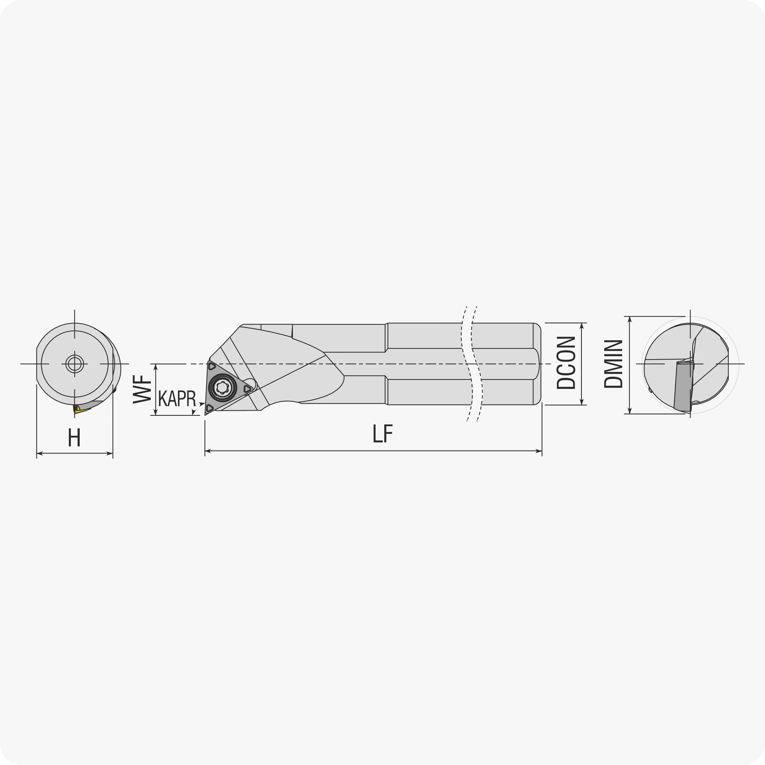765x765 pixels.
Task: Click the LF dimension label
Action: tap(382, 434)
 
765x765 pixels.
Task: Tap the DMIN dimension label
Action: tap(613, 363)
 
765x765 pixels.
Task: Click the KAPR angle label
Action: tap(177, 398)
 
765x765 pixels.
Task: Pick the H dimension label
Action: tap(74, 437)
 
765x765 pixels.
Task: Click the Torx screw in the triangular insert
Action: tap(222, 388)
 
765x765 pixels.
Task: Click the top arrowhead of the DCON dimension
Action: tap(582, 326)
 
